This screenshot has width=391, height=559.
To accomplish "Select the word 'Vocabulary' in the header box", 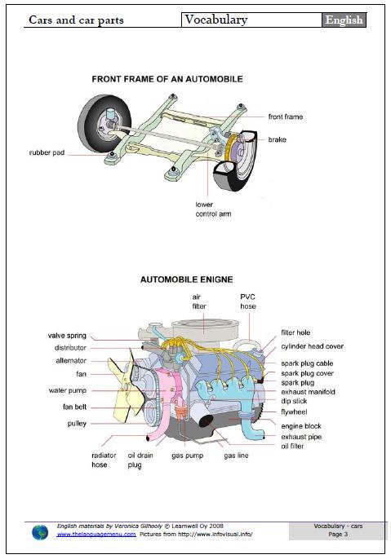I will click(x=215, y=20).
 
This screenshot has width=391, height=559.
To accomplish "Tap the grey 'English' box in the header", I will click(x=344, y=20).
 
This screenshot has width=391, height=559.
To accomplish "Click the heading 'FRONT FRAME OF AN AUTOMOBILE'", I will click(x=167, y=80).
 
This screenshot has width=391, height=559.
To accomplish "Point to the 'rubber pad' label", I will click(x=47, y=152).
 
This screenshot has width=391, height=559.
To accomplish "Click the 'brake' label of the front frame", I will click(x=277, y=139).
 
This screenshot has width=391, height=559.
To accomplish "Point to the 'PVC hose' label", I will click(x=248, y=302).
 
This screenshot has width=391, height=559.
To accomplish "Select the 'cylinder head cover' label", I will click(x=312, y=346).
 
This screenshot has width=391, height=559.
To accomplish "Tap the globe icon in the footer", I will click(x=40, y=532).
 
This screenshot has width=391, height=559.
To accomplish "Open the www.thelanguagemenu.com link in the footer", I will click(x=96, y=535).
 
